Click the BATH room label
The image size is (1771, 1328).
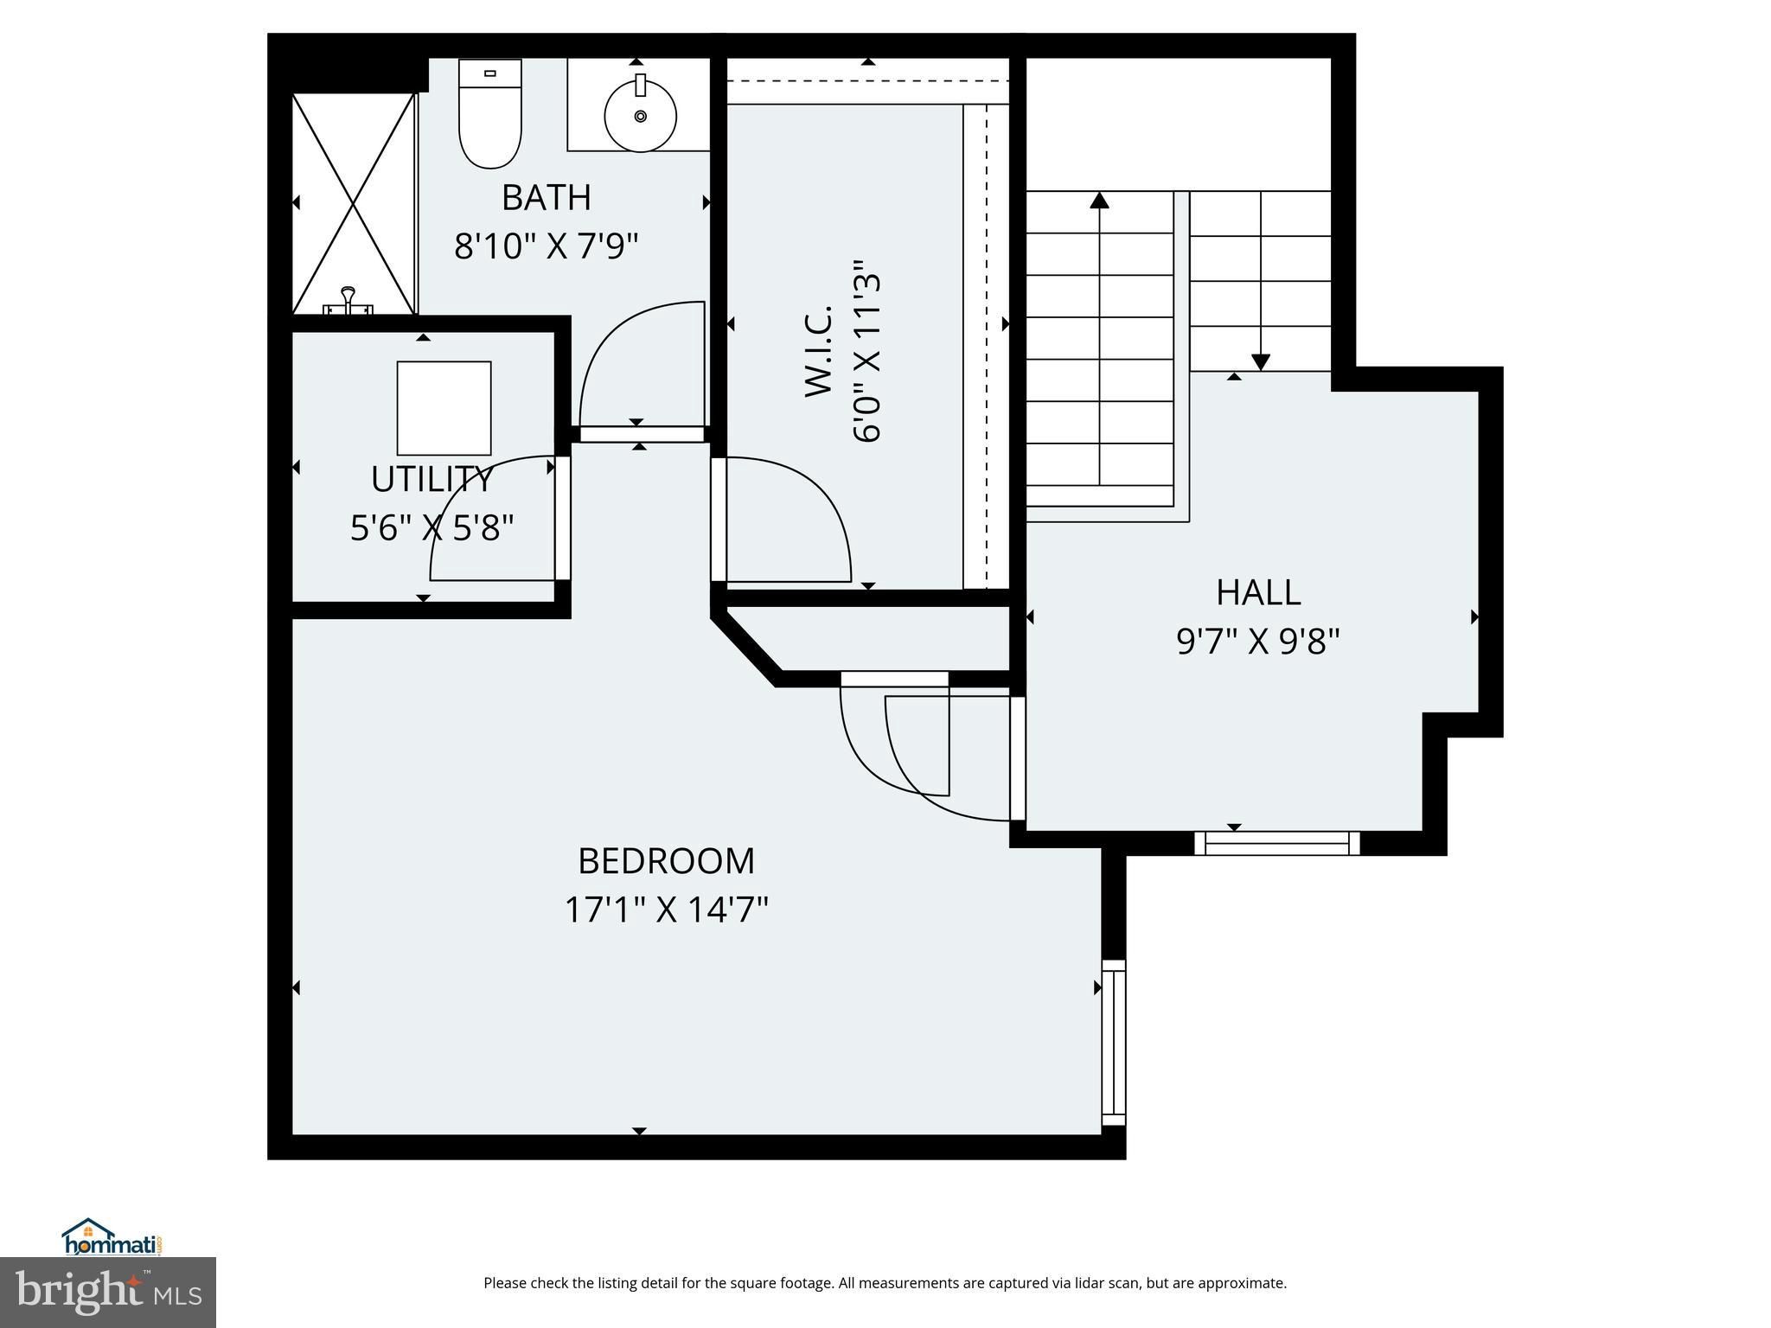coord(547,198)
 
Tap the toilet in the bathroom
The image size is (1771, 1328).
coord(490,113)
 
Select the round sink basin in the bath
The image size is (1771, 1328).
coord(640,115)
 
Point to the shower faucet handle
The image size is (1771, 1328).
coord(348,299)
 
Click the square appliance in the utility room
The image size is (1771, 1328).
coord(444,408)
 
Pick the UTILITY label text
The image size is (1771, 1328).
coord(432,479)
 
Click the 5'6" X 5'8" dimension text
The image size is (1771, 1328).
coord(432,527)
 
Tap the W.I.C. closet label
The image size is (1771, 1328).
coord(818,351)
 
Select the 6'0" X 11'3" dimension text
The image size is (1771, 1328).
coord(866,351)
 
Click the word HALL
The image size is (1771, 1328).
coord(1258,593)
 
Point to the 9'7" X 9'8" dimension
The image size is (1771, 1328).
coord(1258,642)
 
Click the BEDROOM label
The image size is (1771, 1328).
coord(667,861)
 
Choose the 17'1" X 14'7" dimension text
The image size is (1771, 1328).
coord(667,910)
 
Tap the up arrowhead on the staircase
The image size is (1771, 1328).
coord(1099,200)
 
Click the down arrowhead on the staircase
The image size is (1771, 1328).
coord(1261,362)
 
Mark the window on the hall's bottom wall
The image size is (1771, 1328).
coord(1277,843)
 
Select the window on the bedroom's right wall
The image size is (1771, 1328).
coord(1114,1042)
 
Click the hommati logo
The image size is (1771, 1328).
coord(112,1236)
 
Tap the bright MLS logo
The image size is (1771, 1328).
coord(108,1293)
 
